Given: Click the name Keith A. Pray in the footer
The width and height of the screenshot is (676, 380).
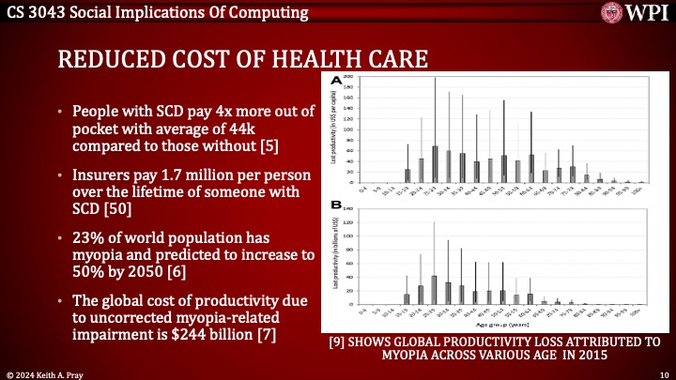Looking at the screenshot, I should [x=60, y=372].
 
